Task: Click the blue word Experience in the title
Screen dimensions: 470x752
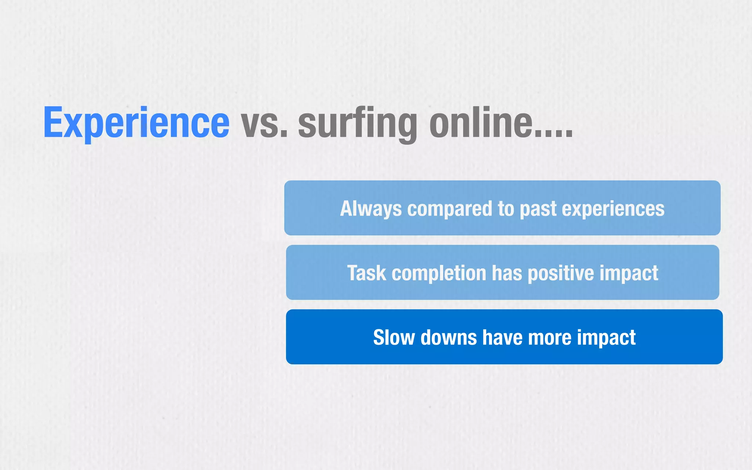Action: pos(136,123)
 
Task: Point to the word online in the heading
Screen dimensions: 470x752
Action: pos(481,123)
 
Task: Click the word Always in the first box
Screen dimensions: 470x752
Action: pos(371,209)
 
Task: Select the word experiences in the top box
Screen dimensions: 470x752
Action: pos(613,209)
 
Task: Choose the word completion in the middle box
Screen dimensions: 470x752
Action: pos(439,273)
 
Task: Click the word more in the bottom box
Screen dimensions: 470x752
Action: pos(550,337)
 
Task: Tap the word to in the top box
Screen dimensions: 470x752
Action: pos(506,209)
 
